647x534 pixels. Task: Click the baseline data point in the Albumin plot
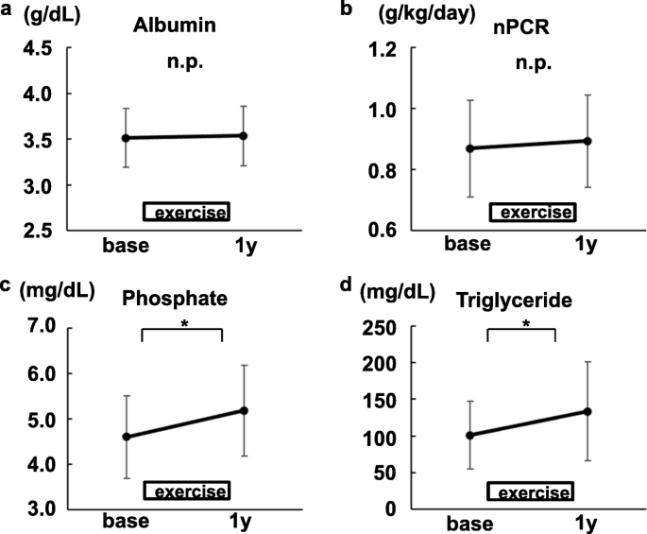point(125,138)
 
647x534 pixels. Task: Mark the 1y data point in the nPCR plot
point(587,141)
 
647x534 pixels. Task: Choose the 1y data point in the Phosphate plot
point(244,410)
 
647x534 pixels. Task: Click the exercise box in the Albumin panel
point(187,212)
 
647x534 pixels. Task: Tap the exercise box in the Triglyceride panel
point(529,492)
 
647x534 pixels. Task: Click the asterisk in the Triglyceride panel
point(525,324)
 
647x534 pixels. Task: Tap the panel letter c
point(9,287)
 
